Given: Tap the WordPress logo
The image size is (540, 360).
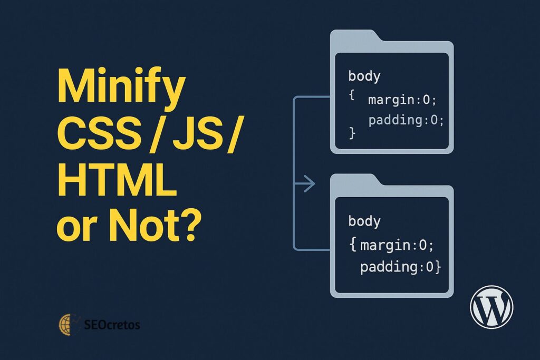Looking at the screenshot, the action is pyautogui.click(x=491, y=307).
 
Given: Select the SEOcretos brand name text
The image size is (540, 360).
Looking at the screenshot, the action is pyautogui.click(x=112, y=325).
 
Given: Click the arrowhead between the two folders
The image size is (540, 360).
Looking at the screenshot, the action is pyautogui.click(x=309, y=183).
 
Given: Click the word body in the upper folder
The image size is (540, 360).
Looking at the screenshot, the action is pyautogui.click(x=364, y=76).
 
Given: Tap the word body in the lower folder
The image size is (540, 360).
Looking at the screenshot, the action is pyautogui.click(x=364, y=221).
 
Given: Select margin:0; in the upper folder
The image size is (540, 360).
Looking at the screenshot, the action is pyautogui.click(x=402, y=100).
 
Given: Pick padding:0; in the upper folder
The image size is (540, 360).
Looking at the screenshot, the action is pyautogui.click(x=406, y=120).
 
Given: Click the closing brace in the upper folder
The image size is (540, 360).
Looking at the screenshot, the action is pyautogui.click(x=352, y=132).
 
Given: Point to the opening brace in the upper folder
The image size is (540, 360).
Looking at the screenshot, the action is pyautogui.click(x=352, y=95).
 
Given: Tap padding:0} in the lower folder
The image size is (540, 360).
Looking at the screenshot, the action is pyautogui.click(x=401, y=267).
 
